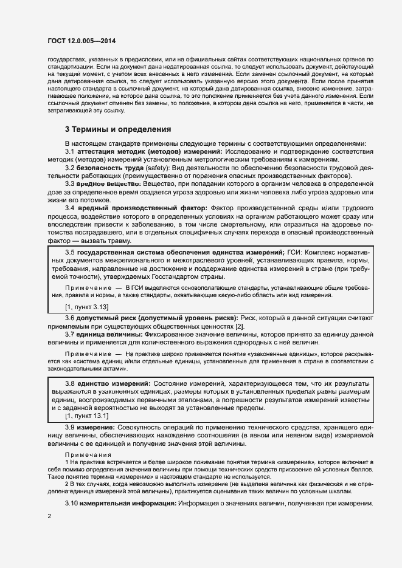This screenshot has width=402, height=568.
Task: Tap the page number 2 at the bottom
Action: point(49,516)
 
